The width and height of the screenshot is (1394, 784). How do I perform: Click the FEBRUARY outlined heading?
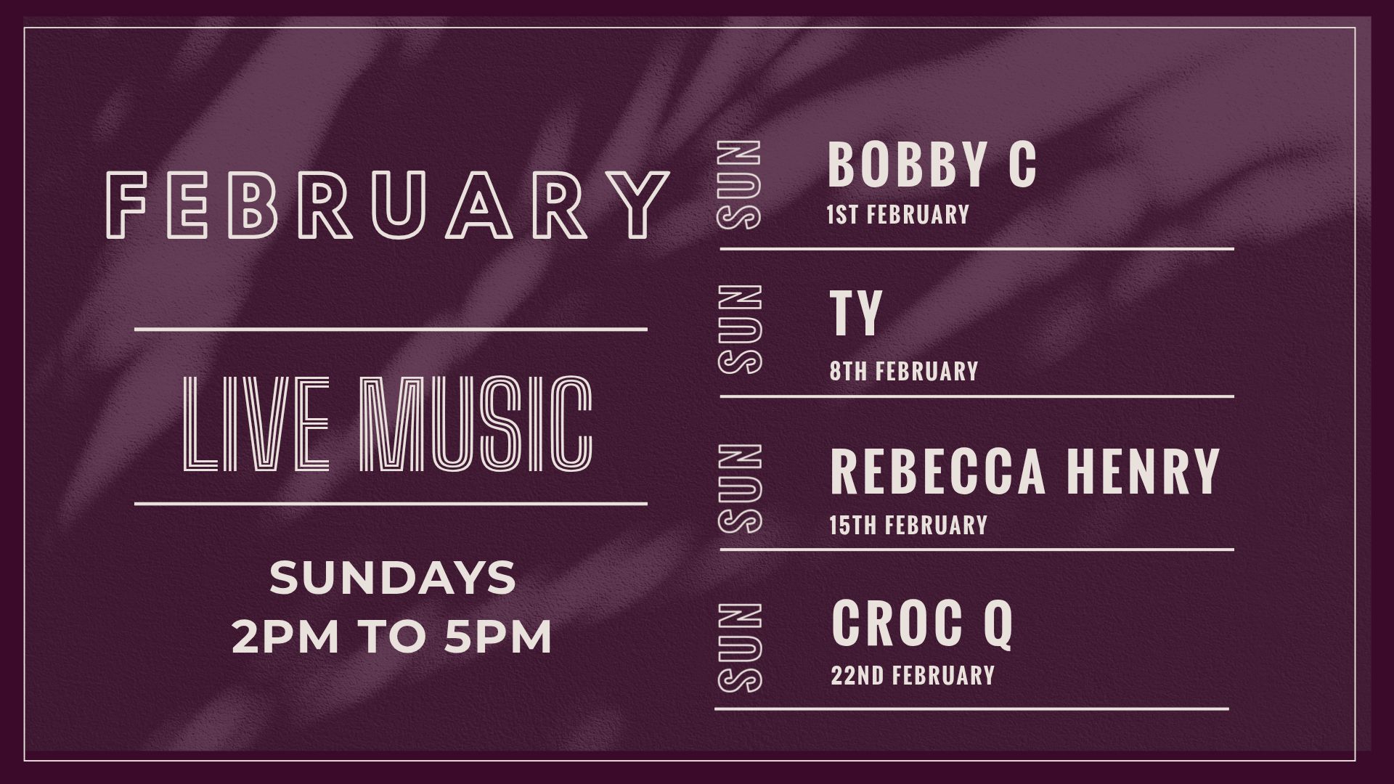(x=392, y=205)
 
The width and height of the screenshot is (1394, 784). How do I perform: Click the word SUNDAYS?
(x=393, y=578)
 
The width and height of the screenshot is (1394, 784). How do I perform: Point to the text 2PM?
(x=286, y=637)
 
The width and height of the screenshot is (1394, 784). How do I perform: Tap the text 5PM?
(x=499, y=637)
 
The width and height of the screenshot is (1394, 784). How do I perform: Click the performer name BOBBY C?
(x=932, y=165)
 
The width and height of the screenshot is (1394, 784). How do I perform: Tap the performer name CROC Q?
(x=922, y=624)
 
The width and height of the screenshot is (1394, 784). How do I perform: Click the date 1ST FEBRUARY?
(x=898, y=215)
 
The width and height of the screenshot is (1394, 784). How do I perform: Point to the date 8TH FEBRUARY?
(x=905, y=372)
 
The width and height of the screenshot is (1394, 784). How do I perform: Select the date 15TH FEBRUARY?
(x=909, y=525)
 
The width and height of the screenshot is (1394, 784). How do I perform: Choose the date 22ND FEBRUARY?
(x=913, y=676)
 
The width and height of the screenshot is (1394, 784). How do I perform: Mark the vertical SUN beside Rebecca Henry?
(x=740, y=489)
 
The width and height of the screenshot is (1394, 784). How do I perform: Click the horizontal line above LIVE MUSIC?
(x=391, y=330)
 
